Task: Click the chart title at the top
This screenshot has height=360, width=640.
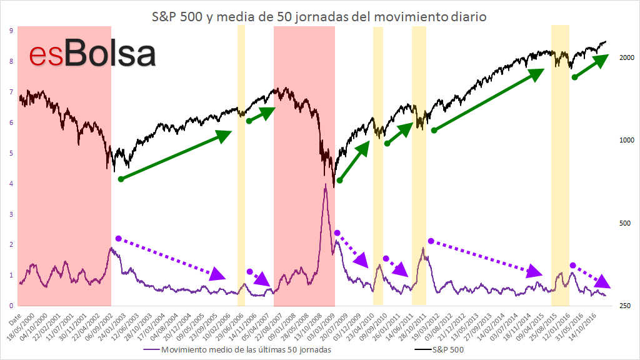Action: (319, 17)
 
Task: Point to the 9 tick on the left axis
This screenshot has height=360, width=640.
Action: (11, 31)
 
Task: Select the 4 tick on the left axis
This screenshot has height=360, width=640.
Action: (11, 184)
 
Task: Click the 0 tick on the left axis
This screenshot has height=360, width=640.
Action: (11, 306)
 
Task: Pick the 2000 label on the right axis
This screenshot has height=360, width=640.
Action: (627, 57)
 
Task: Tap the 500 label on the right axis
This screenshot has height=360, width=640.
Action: (625, 223)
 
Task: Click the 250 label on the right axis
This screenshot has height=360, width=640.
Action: (625, 306)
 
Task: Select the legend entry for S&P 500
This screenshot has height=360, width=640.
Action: (439, 350)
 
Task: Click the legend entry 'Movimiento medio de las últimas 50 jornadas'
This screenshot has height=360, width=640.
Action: (237, 350)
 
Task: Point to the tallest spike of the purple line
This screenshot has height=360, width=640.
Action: (325, 184)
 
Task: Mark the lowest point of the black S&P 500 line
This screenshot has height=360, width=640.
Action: (334, 187)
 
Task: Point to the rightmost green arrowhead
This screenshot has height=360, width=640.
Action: (601, 61)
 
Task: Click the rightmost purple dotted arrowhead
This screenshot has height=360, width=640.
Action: (602, 281)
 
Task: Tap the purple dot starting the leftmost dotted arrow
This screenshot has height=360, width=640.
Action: (118, 238)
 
